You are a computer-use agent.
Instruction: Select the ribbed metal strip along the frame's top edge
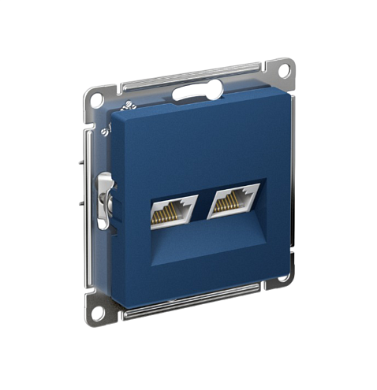click(181, 78)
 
